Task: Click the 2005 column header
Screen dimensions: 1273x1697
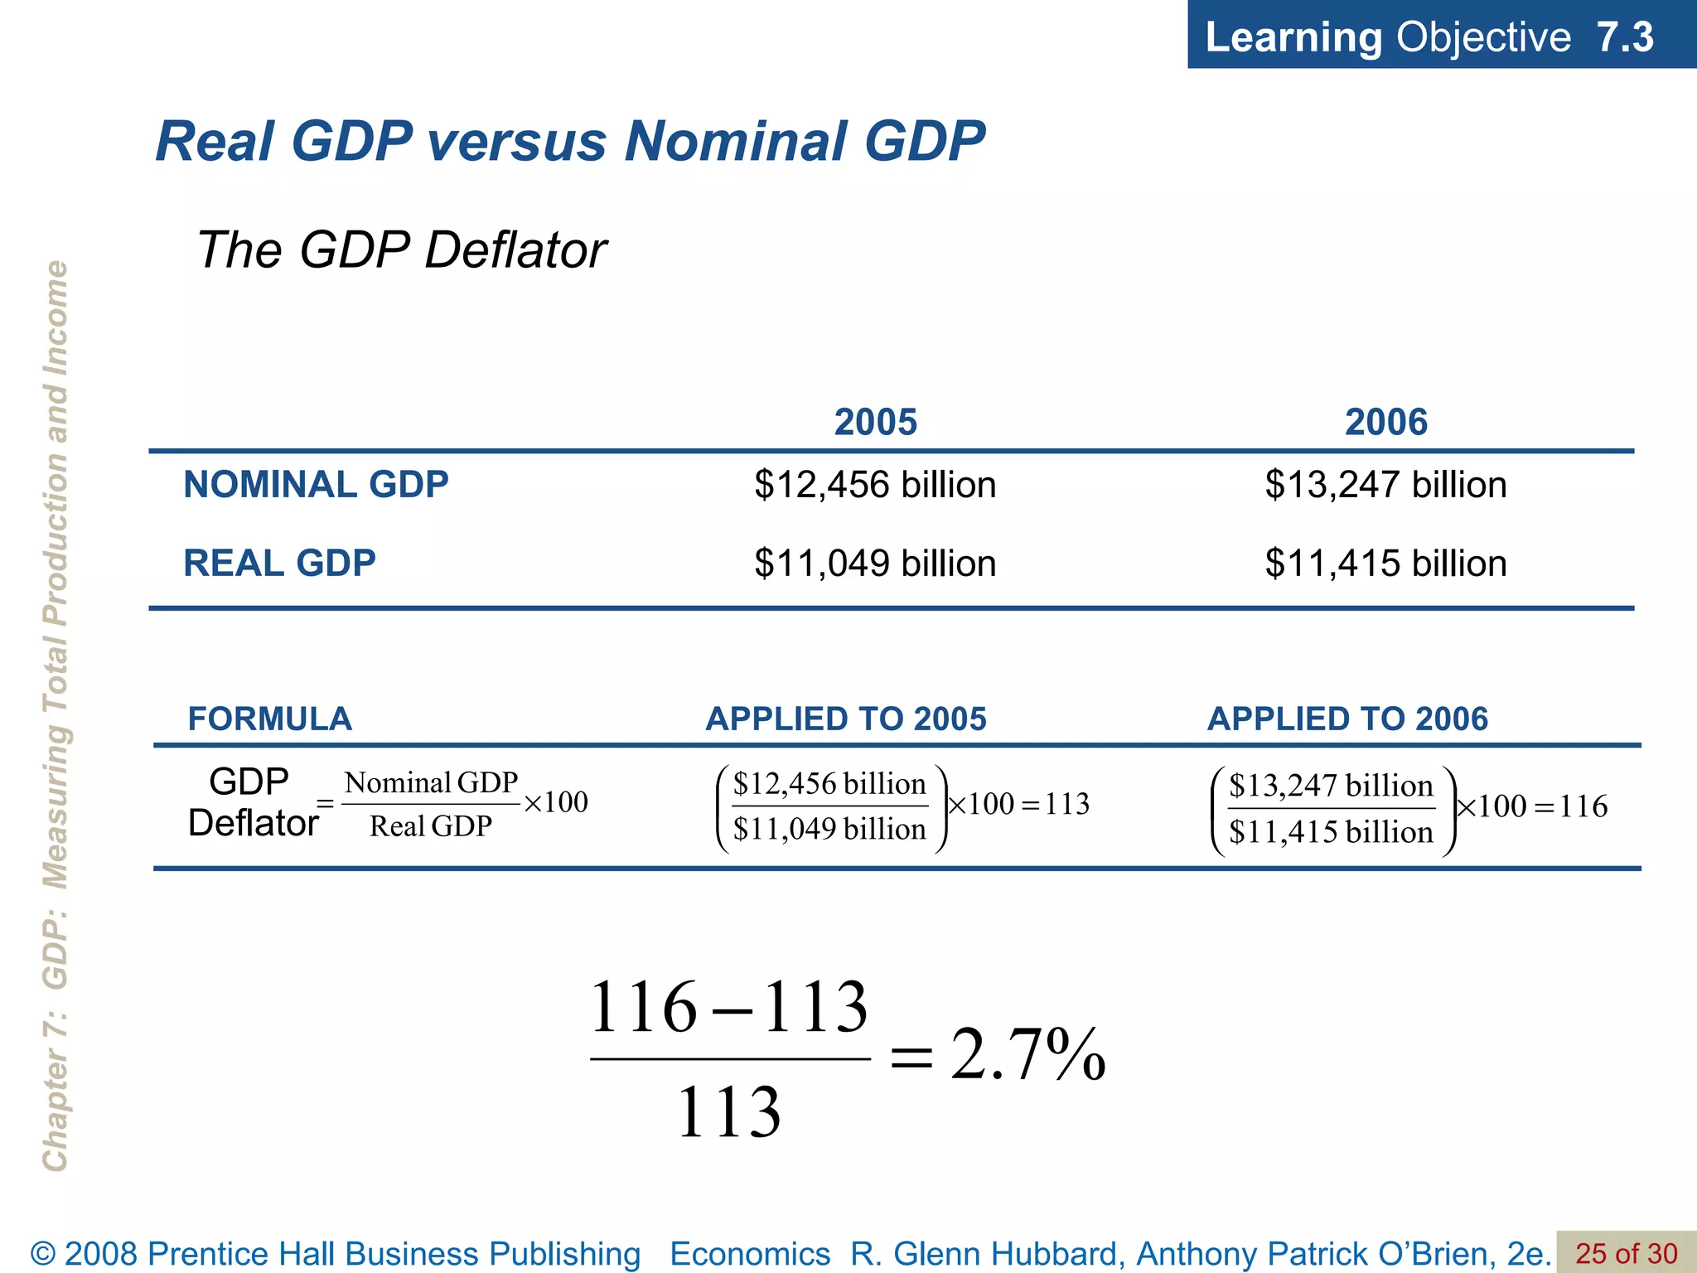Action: click(875, 422)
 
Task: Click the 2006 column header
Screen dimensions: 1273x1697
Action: click(1385, 422)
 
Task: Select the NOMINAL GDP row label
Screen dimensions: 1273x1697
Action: click(316, 484)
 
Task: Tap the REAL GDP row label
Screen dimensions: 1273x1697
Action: click(279, 564)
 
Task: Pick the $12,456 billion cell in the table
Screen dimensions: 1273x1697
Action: click(875, 485)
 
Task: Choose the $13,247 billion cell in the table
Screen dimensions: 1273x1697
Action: click(1385, 485)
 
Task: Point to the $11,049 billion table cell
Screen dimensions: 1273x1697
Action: click(875, 564)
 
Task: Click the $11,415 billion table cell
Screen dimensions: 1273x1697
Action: click(1385, 564)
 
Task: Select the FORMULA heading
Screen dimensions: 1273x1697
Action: click(270, 719)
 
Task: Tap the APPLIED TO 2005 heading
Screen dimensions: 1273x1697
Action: click(846, 719)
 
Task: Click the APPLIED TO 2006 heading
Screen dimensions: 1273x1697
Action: click(1347, 719)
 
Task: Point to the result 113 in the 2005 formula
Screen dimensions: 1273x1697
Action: click(1067, 804)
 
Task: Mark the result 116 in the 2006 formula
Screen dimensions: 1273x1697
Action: click(1583, 806)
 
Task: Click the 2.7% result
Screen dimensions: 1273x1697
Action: click(1027, 1055)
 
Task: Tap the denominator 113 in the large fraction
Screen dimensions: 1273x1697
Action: click(729, 1112)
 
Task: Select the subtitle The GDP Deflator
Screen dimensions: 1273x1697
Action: click(402, 249)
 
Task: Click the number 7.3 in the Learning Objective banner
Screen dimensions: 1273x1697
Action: click(1625, 37)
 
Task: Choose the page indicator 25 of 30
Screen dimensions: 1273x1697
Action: click(1626, 1253)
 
